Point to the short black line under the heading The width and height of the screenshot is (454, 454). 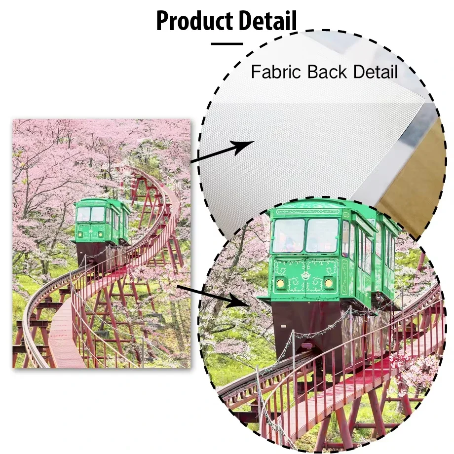[227, 43]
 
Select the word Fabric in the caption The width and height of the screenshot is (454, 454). [274, 72]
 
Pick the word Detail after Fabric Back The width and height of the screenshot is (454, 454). [374, 72]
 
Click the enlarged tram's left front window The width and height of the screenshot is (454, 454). [288, 235]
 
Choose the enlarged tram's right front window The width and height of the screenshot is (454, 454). [322, 235]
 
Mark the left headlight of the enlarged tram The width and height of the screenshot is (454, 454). [280, 283]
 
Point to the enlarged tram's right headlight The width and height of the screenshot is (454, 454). [329, 283]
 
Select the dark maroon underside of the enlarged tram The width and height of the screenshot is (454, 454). [306, 321]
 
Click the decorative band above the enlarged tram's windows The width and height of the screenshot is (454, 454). [307, 211]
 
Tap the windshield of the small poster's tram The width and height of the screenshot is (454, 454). [91, 214]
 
